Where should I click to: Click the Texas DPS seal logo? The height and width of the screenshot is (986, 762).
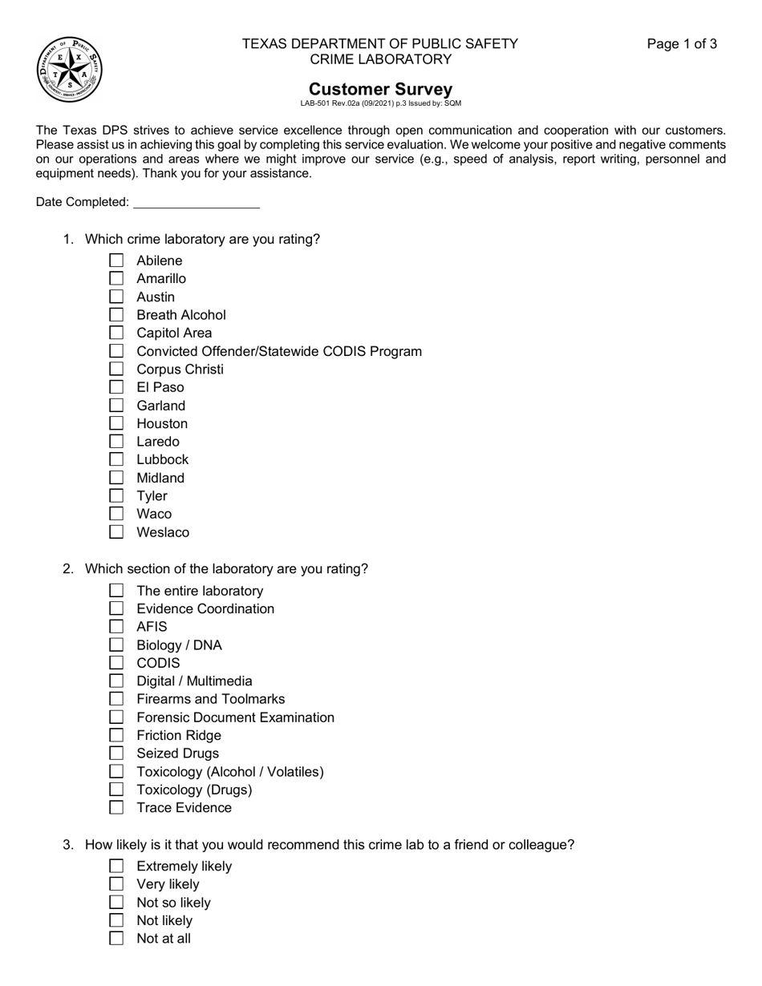(x=70, y=70)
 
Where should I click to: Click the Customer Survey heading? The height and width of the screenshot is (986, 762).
(x=380, y=89)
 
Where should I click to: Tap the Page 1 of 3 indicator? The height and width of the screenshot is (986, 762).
(x=682, y=44)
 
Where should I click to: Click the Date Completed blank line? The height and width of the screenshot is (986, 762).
(x=197, y=202)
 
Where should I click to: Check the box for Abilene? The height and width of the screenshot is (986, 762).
(x=116, y=261)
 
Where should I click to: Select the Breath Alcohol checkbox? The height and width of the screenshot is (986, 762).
(x=116, y=315)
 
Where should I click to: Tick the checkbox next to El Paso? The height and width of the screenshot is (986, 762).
(x=116, y=387)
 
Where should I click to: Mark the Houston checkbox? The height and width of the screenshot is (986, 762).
(x=116, y=423)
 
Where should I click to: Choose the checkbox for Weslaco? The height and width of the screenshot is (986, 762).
(x=116, y=532)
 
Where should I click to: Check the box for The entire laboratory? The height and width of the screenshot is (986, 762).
(x=116, y=591)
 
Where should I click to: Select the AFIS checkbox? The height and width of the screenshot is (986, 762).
(x=116, y=627)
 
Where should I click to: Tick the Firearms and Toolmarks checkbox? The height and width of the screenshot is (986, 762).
(x=116, y=699)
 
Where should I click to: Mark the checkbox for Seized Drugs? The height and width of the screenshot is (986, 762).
(x=116, y=754)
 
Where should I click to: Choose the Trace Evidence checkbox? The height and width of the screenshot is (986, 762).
(x=116, y=808)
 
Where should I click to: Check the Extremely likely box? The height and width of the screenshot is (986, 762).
(x=116, y=867)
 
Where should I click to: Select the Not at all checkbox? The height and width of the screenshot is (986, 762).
(x=116, y=939)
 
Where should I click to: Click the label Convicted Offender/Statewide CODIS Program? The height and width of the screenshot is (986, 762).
(x=279, y=351)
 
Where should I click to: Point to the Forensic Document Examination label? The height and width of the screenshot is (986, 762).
(x=235, y=717)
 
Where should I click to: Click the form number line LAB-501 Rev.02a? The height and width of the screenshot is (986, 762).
(x=380, y=103)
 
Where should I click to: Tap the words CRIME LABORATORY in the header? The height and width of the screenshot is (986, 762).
(x=380, y=59)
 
